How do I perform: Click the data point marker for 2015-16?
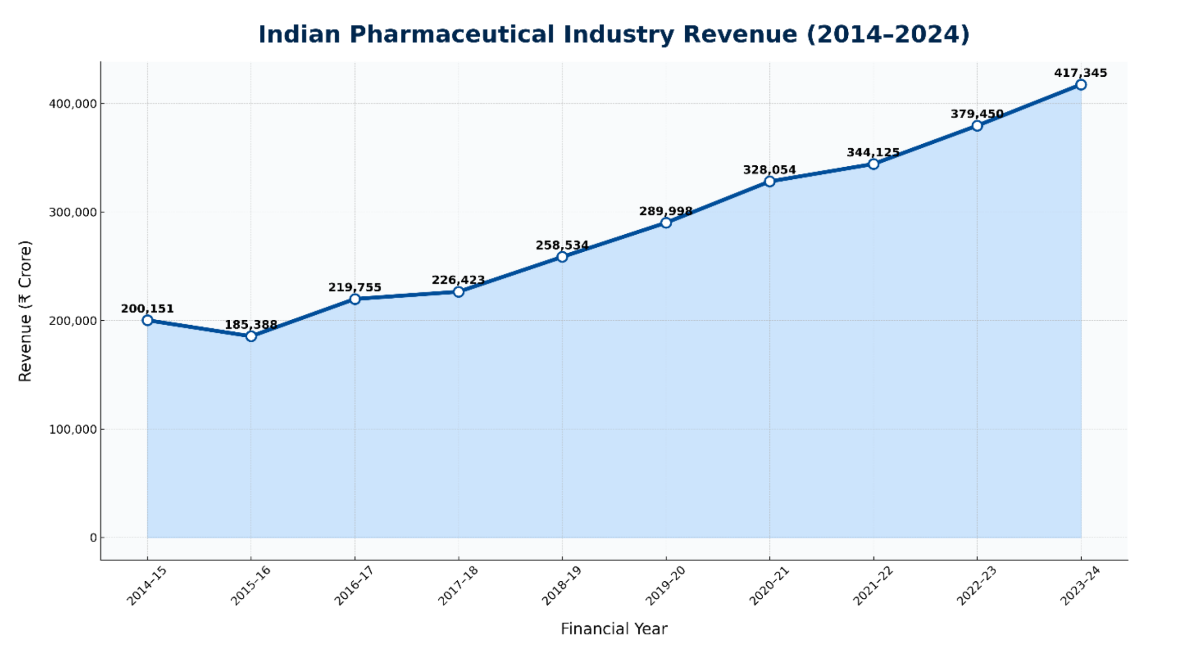(251, 336)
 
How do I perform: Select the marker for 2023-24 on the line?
(1080, 85)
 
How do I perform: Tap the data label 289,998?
(666, 211)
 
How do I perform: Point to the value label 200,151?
(147, 309)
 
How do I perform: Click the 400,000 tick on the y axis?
(73, 103)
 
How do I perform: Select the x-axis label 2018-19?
(561, 586)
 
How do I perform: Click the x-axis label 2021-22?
(872, 586)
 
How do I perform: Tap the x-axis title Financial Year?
(614, 629)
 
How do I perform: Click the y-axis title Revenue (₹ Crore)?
(25, 311)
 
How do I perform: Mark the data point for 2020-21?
(769, 181)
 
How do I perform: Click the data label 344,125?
(873, 152)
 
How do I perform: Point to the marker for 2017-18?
(458, 292)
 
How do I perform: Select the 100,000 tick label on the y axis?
(73, 429)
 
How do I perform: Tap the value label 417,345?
(1080, 73)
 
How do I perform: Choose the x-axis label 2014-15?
(147, 586)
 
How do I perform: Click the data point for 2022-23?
(977, 126)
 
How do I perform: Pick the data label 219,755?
(355, 287)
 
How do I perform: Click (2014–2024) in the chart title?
(888, 35)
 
